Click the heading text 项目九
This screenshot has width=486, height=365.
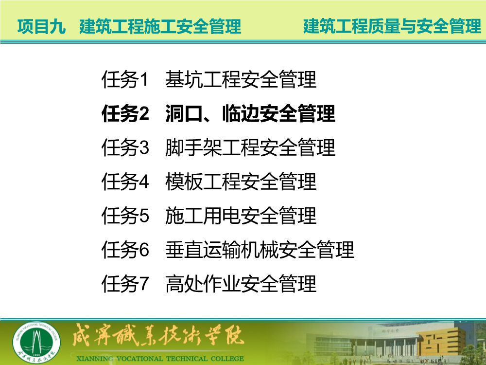pyautogui.click(x=41, y=26)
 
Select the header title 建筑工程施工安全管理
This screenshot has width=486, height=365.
pyautogui.click(x=160, y=26)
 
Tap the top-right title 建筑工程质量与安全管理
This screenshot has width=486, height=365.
pyautogui.click(x=392, y=26)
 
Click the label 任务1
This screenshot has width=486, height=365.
pyautogui.click(x=125, y=79)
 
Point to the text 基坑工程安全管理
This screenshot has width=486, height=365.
pyautogui.click(x=241, y=79)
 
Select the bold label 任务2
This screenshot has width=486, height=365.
pyautogui.click(x=125, y=113)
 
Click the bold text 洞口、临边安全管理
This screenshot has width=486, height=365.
pyautogui.click(x=250, y=113)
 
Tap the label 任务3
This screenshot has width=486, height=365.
pyautogui.click(x=125, y=147)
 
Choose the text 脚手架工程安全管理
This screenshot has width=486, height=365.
pyautogui.click(x=250, y=147)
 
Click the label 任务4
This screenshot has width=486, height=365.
pyautogui.click(x=125, y=182)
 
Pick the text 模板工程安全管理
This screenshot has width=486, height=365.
pyautogui.click(x=241, y=182)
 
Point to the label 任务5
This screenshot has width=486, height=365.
pyautogui.click(x=125, y=216)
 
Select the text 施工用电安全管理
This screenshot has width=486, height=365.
pyautogui.click(x=241, y=216)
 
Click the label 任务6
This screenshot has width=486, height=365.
pyautogui.click(x=125, y=250)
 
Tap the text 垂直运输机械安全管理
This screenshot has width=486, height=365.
pyautogui.click(x=260, y=250)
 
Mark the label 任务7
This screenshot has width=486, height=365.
pyautogui.click(x=125, y=284)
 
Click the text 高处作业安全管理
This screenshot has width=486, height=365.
pyautogui.click(x=241, y=284)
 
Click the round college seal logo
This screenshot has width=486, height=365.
pyautogui.click(x=36, y=343)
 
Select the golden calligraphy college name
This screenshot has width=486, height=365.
pyautogui.click(x=158, y=335)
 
